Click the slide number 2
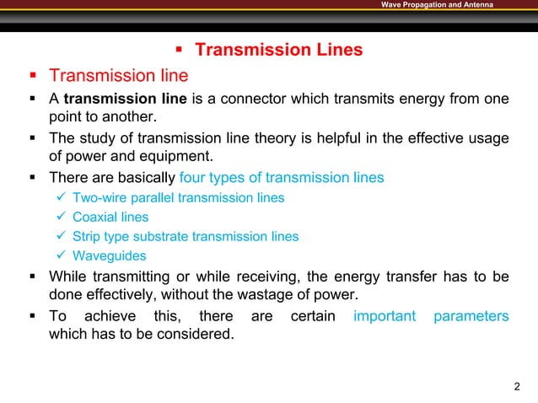point(517,387)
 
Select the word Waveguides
point(110,255)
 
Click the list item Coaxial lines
point(110,217)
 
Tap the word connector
point(250,99)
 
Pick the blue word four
point(196,178)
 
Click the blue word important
point(385,316)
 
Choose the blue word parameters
point(471,316)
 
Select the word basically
point(143,178)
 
